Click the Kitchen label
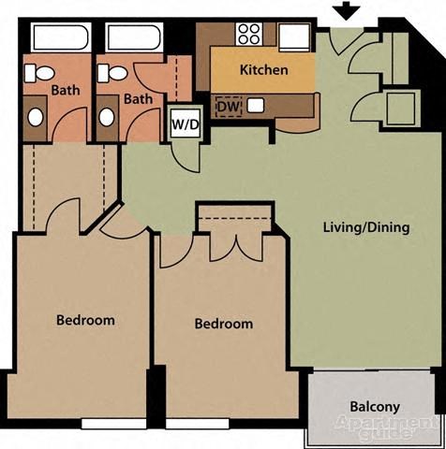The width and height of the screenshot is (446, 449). (263, 70)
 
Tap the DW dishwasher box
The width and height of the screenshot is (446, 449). (229, 108)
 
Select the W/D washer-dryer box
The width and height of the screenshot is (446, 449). (183, 123)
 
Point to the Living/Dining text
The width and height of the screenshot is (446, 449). (365, 227)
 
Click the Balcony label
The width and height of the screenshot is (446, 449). (375, 407)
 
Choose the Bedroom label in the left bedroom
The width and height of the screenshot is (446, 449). (85, 320)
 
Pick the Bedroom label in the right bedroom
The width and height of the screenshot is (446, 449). (224, 325)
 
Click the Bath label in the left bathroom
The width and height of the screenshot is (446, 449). (66, 91)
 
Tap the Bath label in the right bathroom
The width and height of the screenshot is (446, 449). (139, 98)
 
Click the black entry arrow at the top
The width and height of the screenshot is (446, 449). (347, 11)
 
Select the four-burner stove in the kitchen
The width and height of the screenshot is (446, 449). (248, 35)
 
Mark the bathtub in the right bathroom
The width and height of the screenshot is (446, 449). (134, 38)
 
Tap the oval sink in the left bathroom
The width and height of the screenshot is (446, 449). (35, 118)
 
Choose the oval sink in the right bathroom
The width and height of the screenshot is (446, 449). (107, 118)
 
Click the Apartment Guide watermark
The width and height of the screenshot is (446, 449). (376, 429)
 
